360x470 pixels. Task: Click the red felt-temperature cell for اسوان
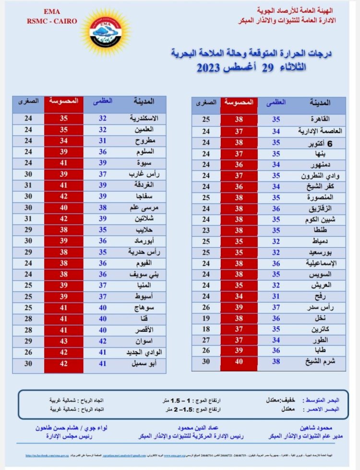[63, 341]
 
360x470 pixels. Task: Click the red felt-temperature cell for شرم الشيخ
[239, 362]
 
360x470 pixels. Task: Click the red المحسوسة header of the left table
[63, 102]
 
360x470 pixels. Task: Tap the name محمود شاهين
[315, 427]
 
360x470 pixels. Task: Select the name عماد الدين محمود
[184, 427]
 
